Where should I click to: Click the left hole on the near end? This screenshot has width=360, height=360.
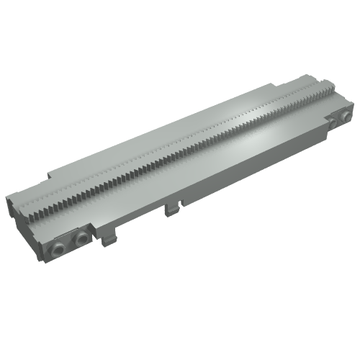click(x=58, y=248)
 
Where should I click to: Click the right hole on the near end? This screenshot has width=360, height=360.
click(x=81, y=238)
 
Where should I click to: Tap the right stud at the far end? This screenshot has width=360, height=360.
click(x=346, y=114)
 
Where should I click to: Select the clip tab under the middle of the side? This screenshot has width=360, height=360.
click(x=171, y=208)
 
